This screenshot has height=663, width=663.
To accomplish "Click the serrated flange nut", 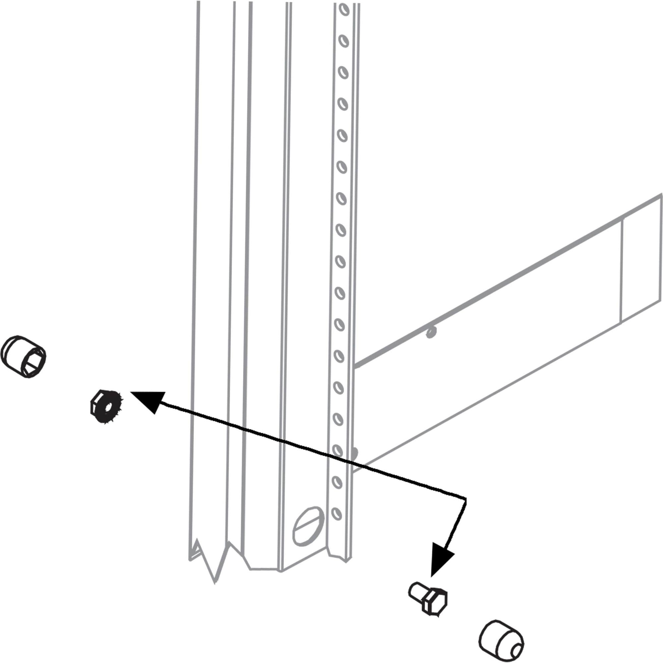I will click(x=106, y=407).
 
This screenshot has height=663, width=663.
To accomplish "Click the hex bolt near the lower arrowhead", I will click(x=429, y=599).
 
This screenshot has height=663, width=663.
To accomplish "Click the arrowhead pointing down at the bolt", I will click(x=442, y=562).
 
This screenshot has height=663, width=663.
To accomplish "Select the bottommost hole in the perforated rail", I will click(x=337, y=514).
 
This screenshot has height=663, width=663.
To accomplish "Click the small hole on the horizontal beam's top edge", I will click(x=431, y=332).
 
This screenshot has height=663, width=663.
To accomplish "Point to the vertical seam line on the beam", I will click(x=622, y=271).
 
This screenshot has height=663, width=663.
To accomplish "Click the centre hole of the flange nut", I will click(x=108, y=408).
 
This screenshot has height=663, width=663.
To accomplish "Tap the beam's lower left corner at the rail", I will click(x=353, y=472).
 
